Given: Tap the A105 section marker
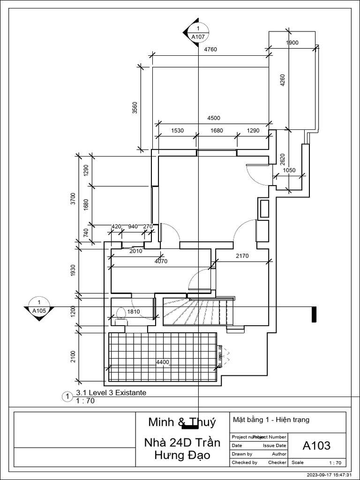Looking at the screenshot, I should [39, 307].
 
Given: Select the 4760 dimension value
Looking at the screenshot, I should [210, 49].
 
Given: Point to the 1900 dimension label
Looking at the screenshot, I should [292, 43].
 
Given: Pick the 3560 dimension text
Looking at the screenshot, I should [135, 108].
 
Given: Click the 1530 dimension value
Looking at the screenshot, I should [177, 130].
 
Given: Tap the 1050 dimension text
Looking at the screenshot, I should [289, 171].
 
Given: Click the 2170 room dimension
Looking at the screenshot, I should [242, 256].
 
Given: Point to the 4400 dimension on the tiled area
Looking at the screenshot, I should [163, 362].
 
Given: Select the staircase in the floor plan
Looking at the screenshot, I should [195, 311].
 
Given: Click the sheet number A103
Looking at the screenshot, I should [316, 445].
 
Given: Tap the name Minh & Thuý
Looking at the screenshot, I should [182, 422].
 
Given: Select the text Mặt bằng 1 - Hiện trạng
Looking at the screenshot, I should [271, 420].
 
